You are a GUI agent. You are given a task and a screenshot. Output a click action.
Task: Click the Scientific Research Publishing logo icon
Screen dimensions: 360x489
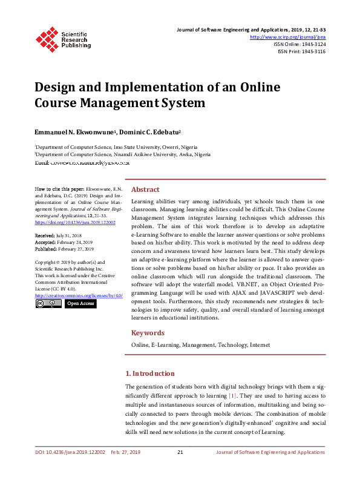click(45, 38)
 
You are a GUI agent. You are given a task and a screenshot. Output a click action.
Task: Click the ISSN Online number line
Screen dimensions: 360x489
click(299, 44)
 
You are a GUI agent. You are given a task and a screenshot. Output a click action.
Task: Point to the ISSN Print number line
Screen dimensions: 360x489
click(301, 51)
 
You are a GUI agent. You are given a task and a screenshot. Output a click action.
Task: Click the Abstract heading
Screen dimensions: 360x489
click(145, 189)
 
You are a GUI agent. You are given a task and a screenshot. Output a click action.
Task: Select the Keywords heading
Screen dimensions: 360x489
click(148, 333)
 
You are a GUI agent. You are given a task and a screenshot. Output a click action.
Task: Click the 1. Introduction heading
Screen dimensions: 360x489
click(149, 373)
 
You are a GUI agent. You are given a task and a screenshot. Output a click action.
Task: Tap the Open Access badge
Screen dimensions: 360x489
click(80, 303)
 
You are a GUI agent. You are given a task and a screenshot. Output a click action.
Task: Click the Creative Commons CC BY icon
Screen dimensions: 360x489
click(48, 303)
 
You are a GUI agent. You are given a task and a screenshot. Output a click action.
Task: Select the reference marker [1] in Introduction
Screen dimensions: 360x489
click(232, 395)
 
